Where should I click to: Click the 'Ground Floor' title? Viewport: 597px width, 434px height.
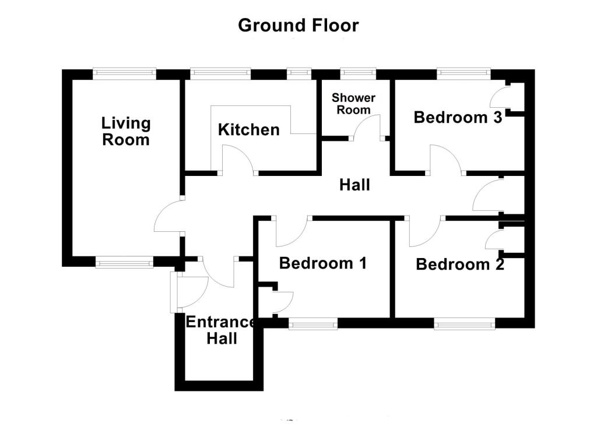tap(298, 26)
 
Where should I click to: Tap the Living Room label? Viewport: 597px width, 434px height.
tap(126, 131)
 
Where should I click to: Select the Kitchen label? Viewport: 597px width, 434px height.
tap(248, 130)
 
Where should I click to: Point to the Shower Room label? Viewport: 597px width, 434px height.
tap(353, 104)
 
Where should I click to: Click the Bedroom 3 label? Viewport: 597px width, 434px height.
tap(458, 117)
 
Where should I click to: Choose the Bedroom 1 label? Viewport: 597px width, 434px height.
tap(323, 263)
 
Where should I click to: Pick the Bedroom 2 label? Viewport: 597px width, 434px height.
tap(460, 264)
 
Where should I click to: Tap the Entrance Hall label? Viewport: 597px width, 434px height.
tap(221, 330)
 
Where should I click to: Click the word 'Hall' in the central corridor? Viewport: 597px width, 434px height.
tap(354, 185)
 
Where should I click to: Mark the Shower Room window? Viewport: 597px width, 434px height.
tap(358, 73)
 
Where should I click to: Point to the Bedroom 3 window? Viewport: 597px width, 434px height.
tap(463, 73)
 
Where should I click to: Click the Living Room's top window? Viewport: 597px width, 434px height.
tap(125, 73)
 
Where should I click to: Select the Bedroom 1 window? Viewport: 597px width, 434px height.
tap(313, 324)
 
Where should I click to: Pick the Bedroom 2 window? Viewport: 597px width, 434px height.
tap(465, 324)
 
